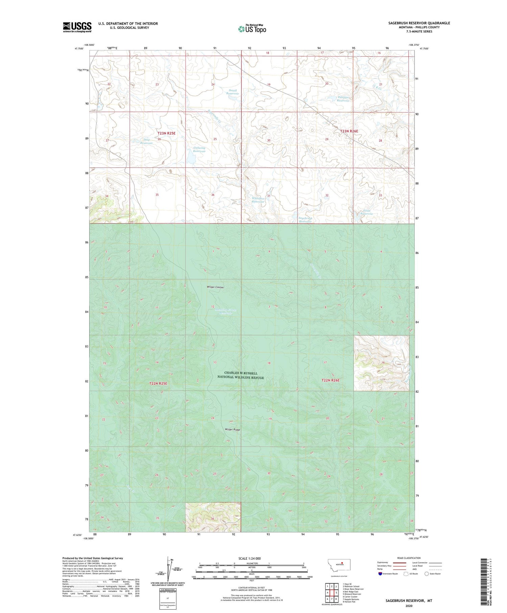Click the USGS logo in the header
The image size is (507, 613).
click(77, 27)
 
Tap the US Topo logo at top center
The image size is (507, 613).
click(252, 29)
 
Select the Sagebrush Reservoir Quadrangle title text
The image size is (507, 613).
click(419, 23)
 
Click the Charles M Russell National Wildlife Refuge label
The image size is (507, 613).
click(240, 375)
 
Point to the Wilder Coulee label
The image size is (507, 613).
click(215, 287)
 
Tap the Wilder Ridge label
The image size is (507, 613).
click(233, 430)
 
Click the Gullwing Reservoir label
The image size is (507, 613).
click(199, 149)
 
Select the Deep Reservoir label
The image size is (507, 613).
click(147, 141)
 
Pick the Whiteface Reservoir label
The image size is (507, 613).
click(258, 200)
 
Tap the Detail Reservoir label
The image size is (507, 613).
click(233, 92)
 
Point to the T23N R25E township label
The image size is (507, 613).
click(167, 133)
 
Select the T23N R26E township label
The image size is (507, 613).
click(349, 131)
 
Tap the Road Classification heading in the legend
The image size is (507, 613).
click(409, 558)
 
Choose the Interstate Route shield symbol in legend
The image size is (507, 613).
click(381, 574)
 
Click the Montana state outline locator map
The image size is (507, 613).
click(339, 565)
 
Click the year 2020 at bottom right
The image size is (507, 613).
click(409, 606)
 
